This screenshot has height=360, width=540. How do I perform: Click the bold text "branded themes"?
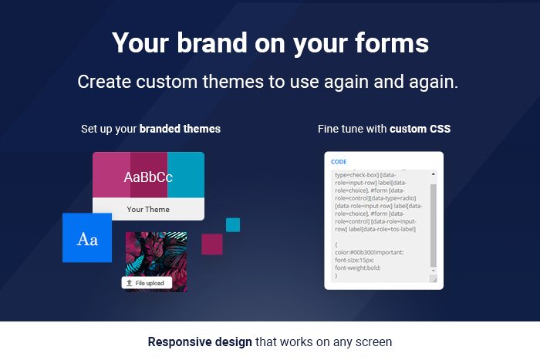pos(180,129)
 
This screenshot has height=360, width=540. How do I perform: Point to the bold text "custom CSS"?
pos(420,129)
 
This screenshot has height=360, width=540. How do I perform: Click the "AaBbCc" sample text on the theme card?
pos(148,177)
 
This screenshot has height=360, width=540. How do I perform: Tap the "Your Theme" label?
pos(148,209)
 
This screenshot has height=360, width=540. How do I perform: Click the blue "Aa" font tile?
pos(87,238)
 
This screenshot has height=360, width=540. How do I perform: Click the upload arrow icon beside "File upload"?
pos(129,284)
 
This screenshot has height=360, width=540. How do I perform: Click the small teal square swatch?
pos(233,224)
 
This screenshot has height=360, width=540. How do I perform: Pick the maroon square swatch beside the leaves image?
pos(212,244)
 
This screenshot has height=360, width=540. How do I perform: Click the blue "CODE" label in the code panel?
pos(339,162)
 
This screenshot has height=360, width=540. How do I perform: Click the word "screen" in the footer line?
pos(374,341)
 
